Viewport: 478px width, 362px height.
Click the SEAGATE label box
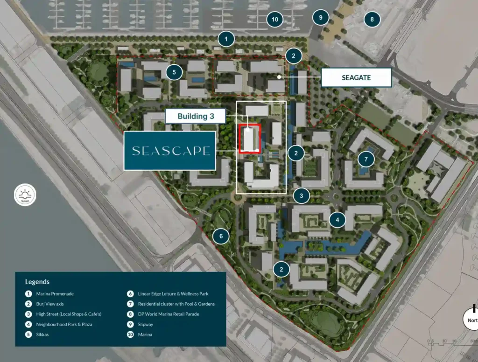(x=356, y=77)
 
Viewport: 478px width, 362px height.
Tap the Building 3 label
(x=196, y=116)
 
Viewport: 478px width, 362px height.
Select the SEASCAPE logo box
(x=170, y=151)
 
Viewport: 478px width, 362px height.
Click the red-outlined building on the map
(x=249, y=139)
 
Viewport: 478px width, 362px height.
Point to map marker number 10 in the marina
(x=275, y=20)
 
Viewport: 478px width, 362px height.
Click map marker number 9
(x=321, y=18)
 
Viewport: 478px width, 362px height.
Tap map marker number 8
(x=372, y=20)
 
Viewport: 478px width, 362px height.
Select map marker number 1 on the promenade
(x=226, y=39)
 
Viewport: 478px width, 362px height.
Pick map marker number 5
(x=174, y=72)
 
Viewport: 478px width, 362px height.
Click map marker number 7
(x=366, y=160)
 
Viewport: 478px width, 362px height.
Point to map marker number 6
(x=221, y=236)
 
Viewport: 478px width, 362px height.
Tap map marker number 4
(x=337, y=219)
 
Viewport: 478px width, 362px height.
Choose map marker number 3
(x=302, y=196)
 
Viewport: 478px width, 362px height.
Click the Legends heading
(x=37, y=282)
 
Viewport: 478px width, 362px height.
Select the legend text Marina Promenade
(x=55, y=294)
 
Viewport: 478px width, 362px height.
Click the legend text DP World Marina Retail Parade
(x=169, y=314)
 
